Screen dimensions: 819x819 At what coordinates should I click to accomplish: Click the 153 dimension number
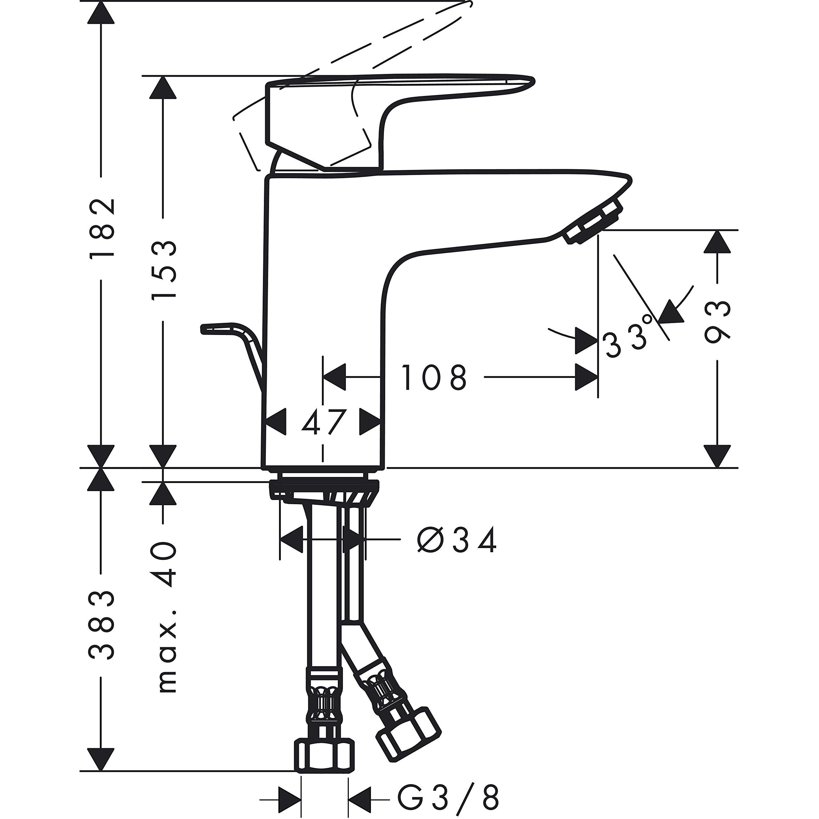(x=163, y=270)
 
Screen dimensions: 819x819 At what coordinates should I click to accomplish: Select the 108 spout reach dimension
(x=434, y=377)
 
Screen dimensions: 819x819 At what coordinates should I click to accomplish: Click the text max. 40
(x=165, y=619)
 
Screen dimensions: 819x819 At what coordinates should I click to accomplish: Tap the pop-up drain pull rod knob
(x=220, y=329)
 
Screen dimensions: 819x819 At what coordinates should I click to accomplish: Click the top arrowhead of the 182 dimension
(x=101, y=13)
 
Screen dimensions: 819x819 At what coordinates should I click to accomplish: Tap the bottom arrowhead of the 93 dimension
(x=717, y=456)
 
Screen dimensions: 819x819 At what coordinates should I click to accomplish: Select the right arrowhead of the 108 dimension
(x=587, y=377)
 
